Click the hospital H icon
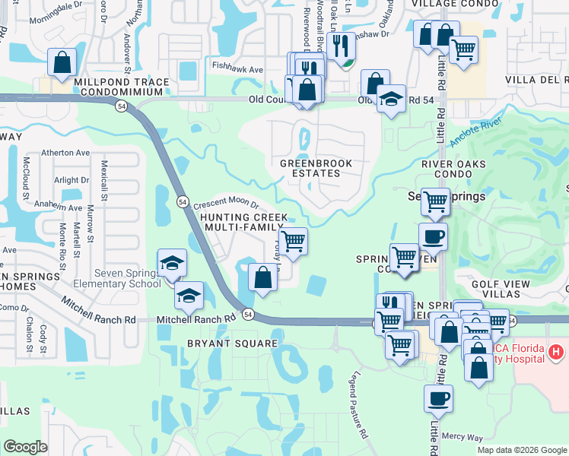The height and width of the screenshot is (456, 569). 557,353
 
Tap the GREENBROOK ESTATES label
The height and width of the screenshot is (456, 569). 310,168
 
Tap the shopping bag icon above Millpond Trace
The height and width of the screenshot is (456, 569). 62,62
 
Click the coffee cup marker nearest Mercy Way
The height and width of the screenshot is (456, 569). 438,398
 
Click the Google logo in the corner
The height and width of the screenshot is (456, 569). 25,447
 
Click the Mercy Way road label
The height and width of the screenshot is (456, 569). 463,438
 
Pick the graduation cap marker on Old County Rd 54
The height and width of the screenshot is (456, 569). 392,100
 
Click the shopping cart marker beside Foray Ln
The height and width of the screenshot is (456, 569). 294,242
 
